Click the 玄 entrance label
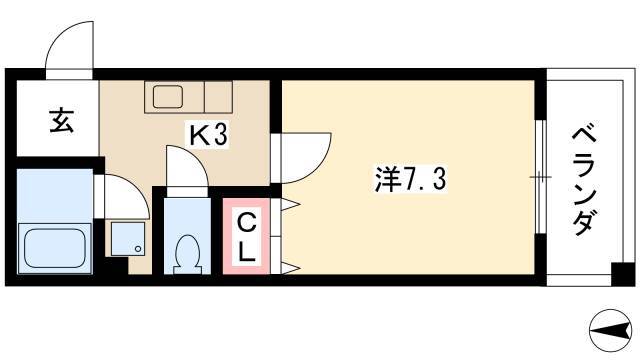coord(62,120)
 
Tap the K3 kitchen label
coord(208,135)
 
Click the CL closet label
coord(247,238)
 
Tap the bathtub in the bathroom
coord(55,248)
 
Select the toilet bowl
coord(187,254)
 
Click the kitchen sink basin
coord(168,96)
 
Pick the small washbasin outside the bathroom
coord(128,239)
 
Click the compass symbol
coord(610,331)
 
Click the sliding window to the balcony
coord(540,177)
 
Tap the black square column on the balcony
coord(623,274)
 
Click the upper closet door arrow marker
coord(291,204)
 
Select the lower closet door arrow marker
coord(291,268)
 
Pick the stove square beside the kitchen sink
coord(218,97)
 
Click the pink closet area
coord(247,236)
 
